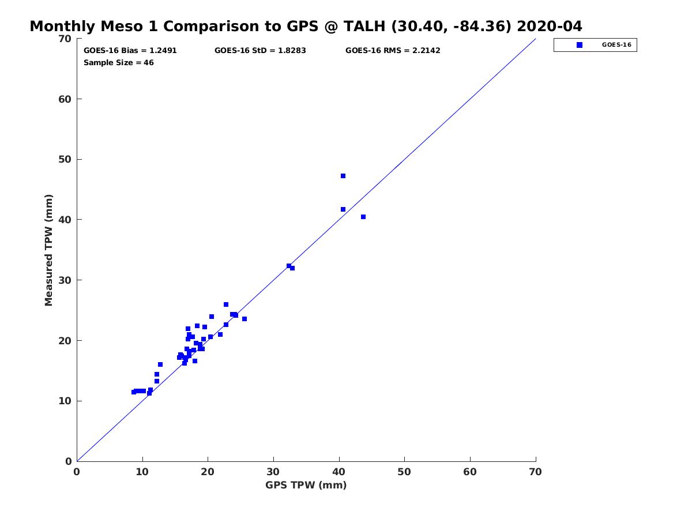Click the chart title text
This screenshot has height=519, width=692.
pyautogui.click(x=306, y=26)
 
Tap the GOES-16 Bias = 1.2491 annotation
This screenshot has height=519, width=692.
pyautogui.click(x=130, y=50)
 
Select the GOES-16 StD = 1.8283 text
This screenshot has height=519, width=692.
pyautogui.click(x=260, y=50)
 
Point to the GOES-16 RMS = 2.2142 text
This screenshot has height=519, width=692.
pyautogui.click(x=393, y=50)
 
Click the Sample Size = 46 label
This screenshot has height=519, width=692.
pyautogui.click(x=119, y=62)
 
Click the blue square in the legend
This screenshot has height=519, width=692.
pyautogui.click(x=580, y=45)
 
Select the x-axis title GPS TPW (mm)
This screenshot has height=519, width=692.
pyautogui.click(x=306, y=485)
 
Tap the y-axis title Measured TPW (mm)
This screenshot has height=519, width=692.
pyautogui.click(x=48, y=250)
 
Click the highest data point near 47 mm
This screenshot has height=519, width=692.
pyautogui.click(x=343, y=176)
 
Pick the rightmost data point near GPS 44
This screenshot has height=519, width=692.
pyautogui.click(x=363, y=217)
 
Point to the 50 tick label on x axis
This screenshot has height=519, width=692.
pyautogui.click(x=405, y=472)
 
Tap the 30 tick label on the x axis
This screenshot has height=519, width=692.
pyautogui.click(x=273, y=472)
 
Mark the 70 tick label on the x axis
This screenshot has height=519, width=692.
pyautogui.click(x=536, y=472)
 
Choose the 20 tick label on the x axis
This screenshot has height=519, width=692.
pyautogui.click(x=208, y=472)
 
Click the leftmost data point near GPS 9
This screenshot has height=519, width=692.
pyautogui.click(x=134, y=392)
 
